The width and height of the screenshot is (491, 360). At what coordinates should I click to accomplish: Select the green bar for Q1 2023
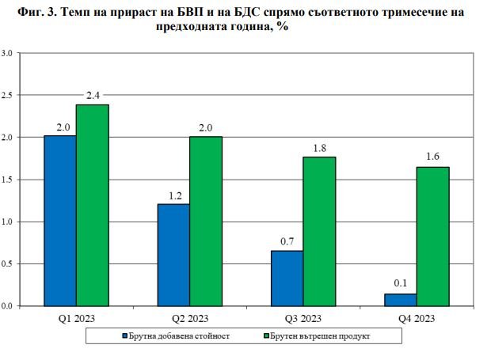pos(93,205)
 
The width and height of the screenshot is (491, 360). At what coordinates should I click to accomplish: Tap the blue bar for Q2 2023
pos(173,254)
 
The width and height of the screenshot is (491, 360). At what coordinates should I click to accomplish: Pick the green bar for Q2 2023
pos(206,221)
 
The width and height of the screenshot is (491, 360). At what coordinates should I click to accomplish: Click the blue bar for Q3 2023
pos(287,278)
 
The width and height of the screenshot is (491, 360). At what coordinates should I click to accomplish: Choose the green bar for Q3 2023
pos(319,230)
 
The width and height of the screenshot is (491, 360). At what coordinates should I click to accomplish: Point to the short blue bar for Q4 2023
pos(400,300)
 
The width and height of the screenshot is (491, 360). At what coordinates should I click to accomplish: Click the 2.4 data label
pos(92,97)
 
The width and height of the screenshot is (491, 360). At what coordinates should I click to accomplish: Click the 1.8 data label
pos(319,148)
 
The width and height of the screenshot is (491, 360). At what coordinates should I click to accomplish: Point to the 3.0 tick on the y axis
pos(7,53)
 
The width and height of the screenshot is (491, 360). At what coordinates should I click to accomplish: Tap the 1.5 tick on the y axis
pos(7,180)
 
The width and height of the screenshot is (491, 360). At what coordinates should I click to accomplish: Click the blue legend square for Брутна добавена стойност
pos(124,336)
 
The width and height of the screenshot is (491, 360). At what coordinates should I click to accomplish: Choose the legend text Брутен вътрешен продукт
pos(319,336)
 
